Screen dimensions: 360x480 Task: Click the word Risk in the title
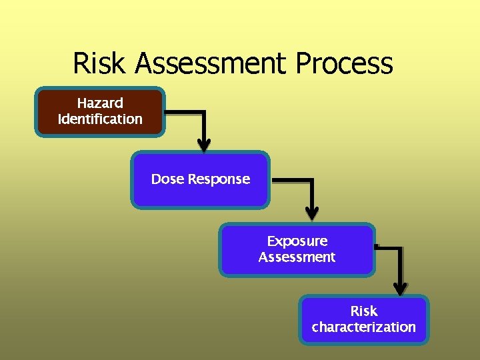coord(100,64)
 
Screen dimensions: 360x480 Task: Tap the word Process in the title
coord(345,64)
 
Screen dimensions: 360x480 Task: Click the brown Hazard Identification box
coord(100,112)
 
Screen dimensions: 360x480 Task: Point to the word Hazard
coord(100,103)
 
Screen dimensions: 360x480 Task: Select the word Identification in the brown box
coord(100,119)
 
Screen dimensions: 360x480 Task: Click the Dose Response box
coord(200,180)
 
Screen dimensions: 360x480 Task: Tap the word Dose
coord(167,179)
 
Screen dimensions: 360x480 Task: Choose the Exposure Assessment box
coord(297,249)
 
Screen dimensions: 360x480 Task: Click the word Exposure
coord(297,241)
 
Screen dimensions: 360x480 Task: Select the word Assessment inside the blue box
coord(297,257)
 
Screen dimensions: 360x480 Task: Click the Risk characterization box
coord(363,319)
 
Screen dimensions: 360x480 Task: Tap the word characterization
coord(363,327)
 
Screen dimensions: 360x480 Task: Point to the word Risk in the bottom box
coord(364,311)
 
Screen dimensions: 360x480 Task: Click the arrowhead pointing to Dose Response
coord(204,145)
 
